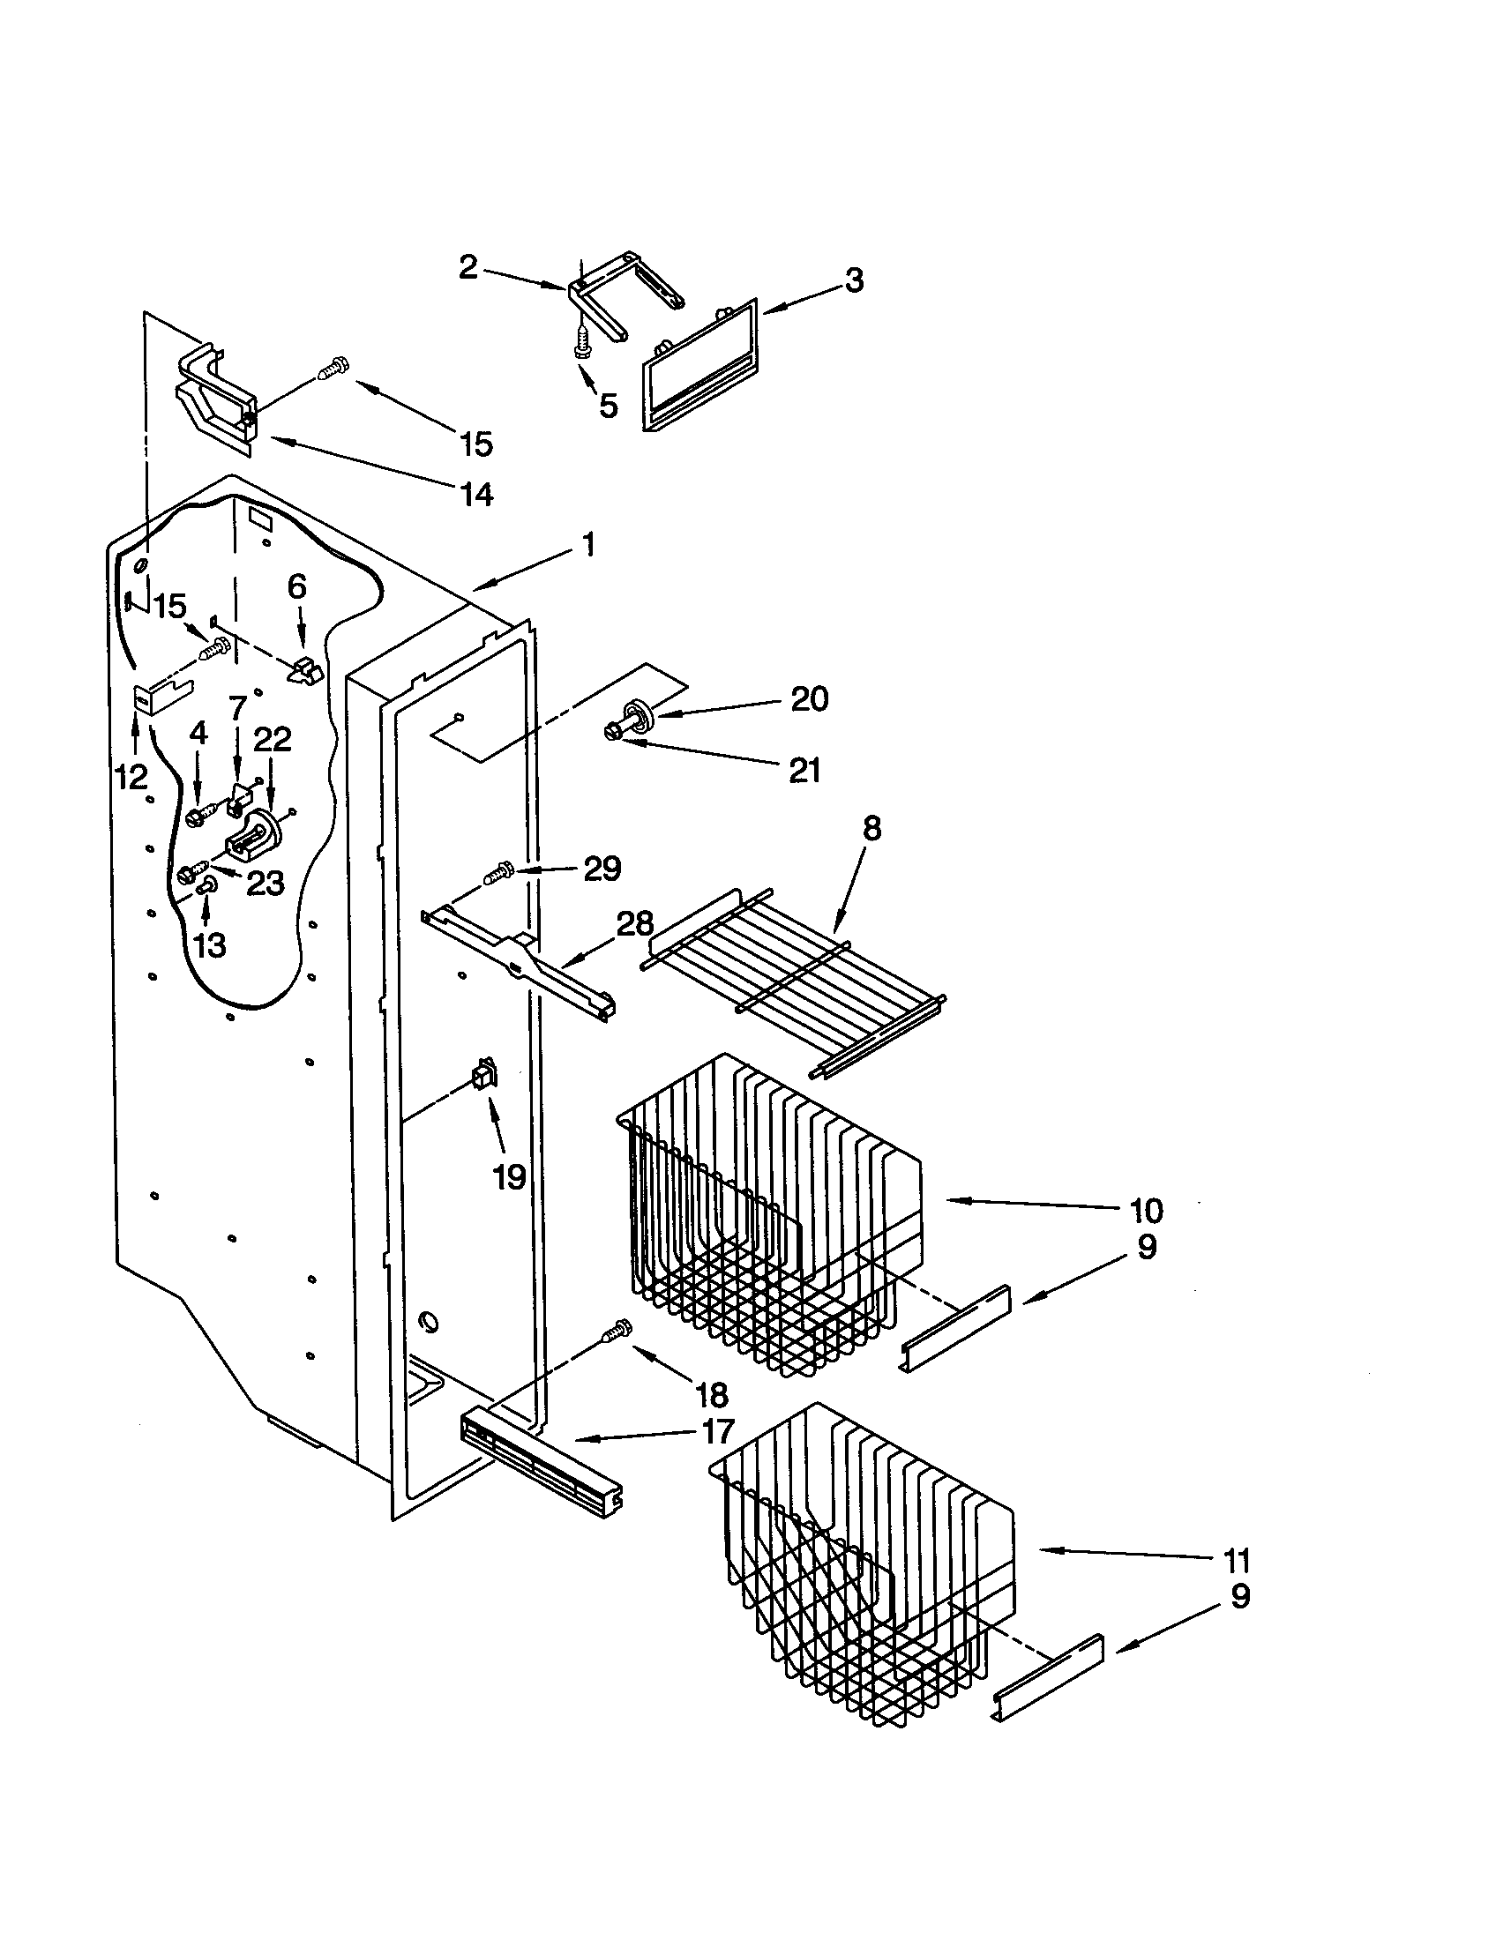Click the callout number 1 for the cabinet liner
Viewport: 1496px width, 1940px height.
pyautogui.click(x=588, y=544)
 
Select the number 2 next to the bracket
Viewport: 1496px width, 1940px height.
pyautogui.click(x=468, y=266)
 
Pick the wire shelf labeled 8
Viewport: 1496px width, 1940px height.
pyautogui.click(x=790, y=977)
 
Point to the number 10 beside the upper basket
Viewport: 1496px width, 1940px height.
pyautogui.click(x=1146, y=1210)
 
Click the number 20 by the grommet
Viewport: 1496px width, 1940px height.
pyautogui.click(x=809, y=699)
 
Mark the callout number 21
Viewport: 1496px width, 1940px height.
pyautogui.click(x=804, y=770)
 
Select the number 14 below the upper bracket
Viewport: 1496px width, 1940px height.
pyautogui.click(x=477, y=494)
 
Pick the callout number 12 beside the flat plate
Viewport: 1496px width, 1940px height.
pyautogui.click(x=131, y=777)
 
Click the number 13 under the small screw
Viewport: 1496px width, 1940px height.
pyautogui.click(x=210, y=945)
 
